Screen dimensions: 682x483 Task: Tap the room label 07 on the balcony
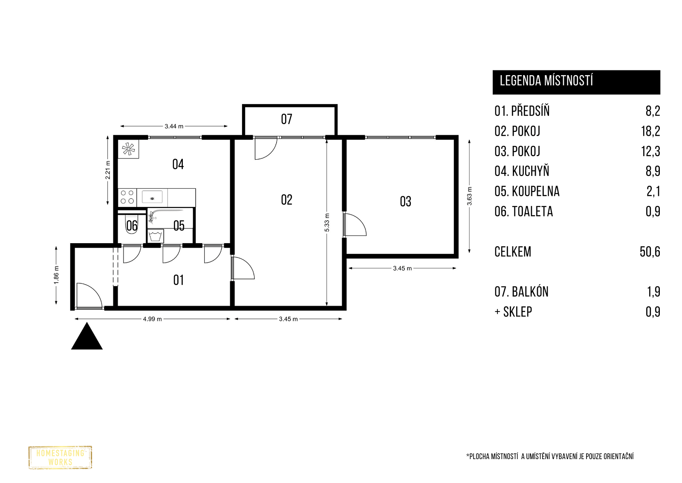(x=286, y=119)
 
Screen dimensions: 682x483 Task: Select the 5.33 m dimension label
(x=327, y=222)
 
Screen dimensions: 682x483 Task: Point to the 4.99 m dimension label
(x=152, y=319)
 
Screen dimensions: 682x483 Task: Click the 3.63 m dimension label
(x=469, y=196)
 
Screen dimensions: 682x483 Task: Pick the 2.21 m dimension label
(x=108, y=170)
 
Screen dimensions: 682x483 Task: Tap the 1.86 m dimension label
(x=56, y=275)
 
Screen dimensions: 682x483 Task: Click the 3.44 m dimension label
(x=174, y=126)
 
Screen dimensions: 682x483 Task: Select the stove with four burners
(x=127, y=197)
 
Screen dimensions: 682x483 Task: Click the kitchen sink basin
(x=152, y=197)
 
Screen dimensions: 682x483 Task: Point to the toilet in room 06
(x=132, y=224)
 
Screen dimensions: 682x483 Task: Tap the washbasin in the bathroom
(x=156, y=236)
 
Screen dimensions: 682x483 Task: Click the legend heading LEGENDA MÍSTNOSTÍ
(x=546, y=81)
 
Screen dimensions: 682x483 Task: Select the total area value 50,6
(x=650, y=252)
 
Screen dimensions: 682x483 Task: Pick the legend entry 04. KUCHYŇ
(x=522, y=171)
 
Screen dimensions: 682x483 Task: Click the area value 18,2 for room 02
(x=650, y=131)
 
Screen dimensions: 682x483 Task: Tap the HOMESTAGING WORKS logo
(x=60, y=457)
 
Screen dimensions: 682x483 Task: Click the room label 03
(x=405, y=202)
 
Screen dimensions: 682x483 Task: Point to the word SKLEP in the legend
(x=517, y=312)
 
